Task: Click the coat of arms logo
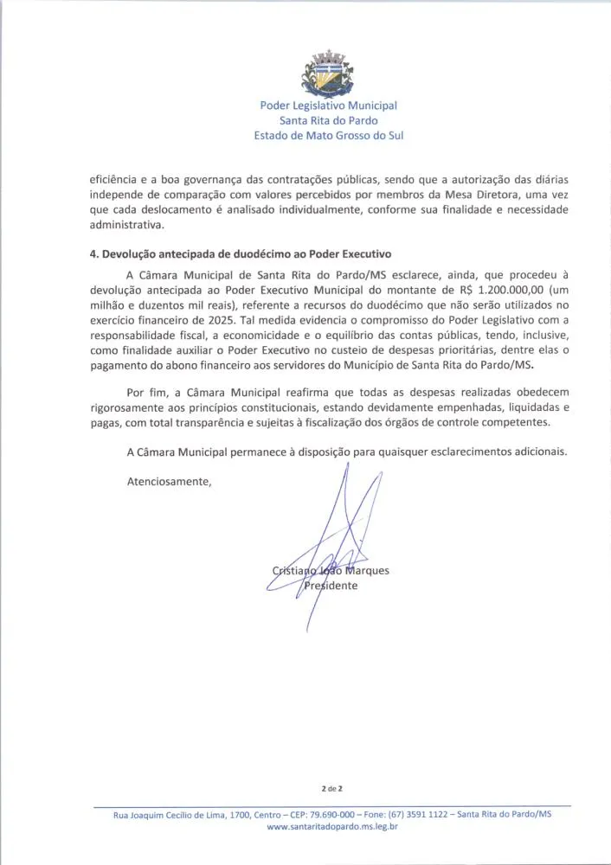click(328, 73)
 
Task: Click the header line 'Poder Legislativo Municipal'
click(328, 106)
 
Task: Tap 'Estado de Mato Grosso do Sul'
click(328, 135)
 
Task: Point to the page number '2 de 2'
click(332, 788)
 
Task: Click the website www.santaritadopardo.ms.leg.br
click(332, 827)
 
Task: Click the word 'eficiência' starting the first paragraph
click(115, 180)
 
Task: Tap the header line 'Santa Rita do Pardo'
click(328, 120)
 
